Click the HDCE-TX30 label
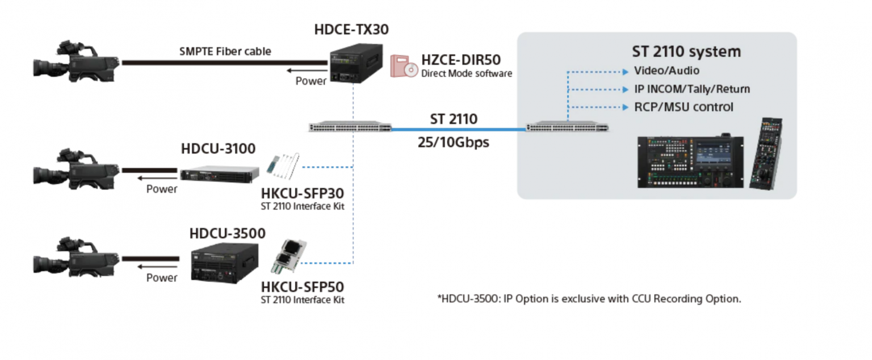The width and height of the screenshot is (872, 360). coord(351,30)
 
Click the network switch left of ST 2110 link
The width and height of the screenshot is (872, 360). coord(350,127)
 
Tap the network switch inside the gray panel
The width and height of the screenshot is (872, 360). coord(568,127)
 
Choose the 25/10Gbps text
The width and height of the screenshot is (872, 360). coord(453,142)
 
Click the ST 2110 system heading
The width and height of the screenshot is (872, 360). coord(686,52)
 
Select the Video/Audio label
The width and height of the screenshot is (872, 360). coord(666,71)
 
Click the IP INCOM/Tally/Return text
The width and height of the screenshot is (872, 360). coord(692,89)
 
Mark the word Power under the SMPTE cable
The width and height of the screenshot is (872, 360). coord(311,81)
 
